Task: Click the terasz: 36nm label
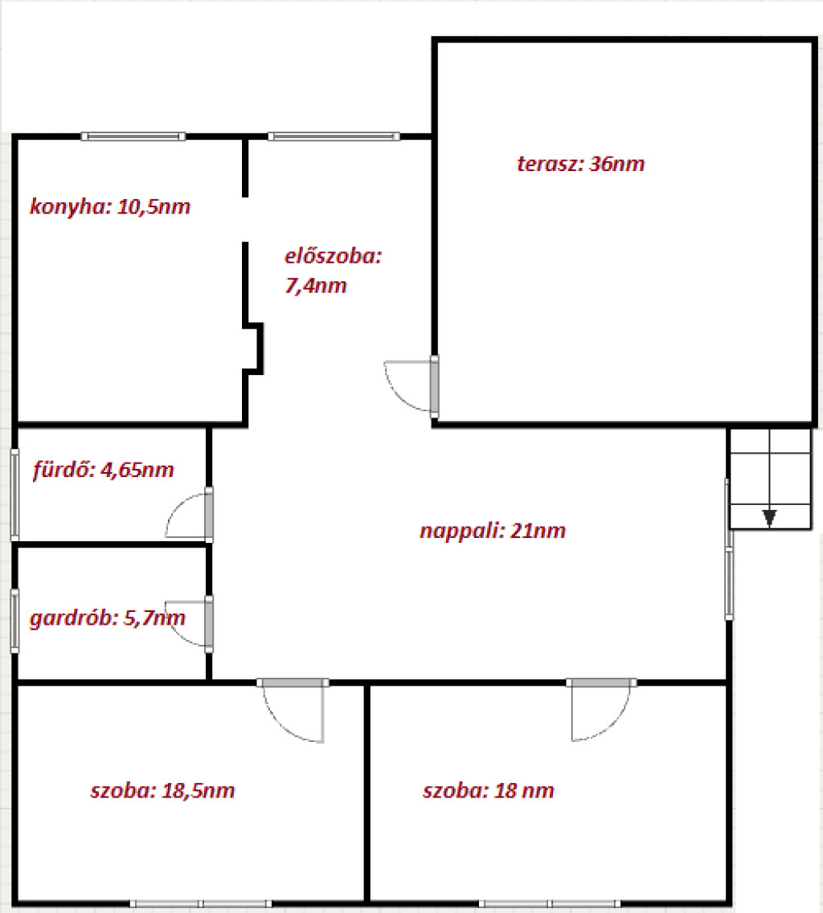(x=580, y=164)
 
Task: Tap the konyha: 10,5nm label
(x=110, y=206)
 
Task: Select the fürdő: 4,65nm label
(x=103, y=469)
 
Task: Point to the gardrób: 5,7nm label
(x=107, y=617)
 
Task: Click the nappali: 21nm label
(x=493, y=531)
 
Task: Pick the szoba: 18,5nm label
(x=162, y=790)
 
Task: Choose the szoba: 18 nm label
(x=489, y=790)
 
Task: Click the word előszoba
(x=333, y=256)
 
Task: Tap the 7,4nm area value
(x=315, y=286)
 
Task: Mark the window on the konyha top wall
(x=133, y=137)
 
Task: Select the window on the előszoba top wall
(x=334, y=137)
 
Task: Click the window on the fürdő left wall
(x=14, y=495)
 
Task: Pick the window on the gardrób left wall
(x=14, y=621)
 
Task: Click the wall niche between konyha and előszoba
(x=254, y=348)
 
